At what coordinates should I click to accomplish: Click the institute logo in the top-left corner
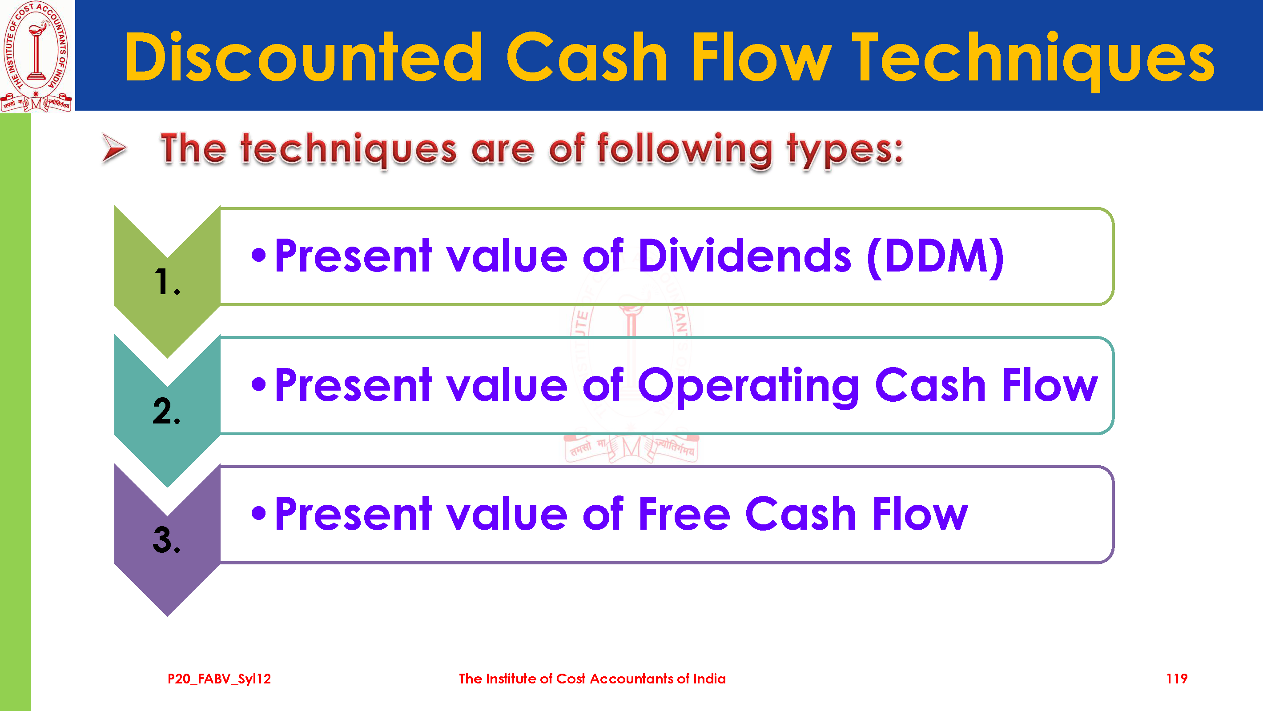(x=37, y=56)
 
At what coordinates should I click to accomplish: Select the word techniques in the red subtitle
(x=348, y=149)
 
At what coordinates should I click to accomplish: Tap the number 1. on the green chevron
(x=167, y=282)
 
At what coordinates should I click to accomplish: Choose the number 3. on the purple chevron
(x=167, y=539)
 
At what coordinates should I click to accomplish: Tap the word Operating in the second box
(x=748, y=386)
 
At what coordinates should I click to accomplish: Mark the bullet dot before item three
(x=258, y=513)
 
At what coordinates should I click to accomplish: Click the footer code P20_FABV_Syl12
(x=219, y=679)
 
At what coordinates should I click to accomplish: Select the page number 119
(x=1177, y=679)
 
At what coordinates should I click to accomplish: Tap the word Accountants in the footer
(x=632, y=679)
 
